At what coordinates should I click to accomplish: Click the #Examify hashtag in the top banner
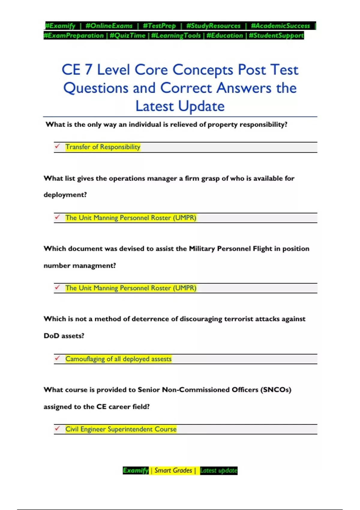60,26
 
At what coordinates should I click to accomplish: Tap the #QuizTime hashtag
127,35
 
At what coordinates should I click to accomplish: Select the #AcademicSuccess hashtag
280,26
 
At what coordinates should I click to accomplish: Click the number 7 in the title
88,70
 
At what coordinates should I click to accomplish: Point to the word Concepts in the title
202,70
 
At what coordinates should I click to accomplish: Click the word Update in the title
201,106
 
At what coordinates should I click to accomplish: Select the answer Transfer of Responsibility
103,147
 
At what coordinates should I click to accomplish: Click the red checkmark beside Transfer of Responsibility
57,146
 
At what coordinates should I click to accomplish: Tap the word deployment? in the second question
65,195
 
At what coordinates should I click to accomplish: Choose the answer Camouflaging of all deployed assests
118,359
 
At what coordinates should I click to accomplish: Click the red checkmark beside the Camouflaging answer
57,358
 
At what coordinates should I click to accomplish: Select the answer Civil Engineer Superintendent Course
121,429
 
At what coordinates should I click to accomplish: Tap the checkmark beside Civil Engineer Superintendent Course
57,428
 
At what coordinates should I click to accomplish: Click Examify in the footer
136,470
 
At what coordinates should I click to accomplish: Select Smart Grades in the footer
173,470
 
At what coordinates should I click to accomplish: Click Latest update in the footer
219,470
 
